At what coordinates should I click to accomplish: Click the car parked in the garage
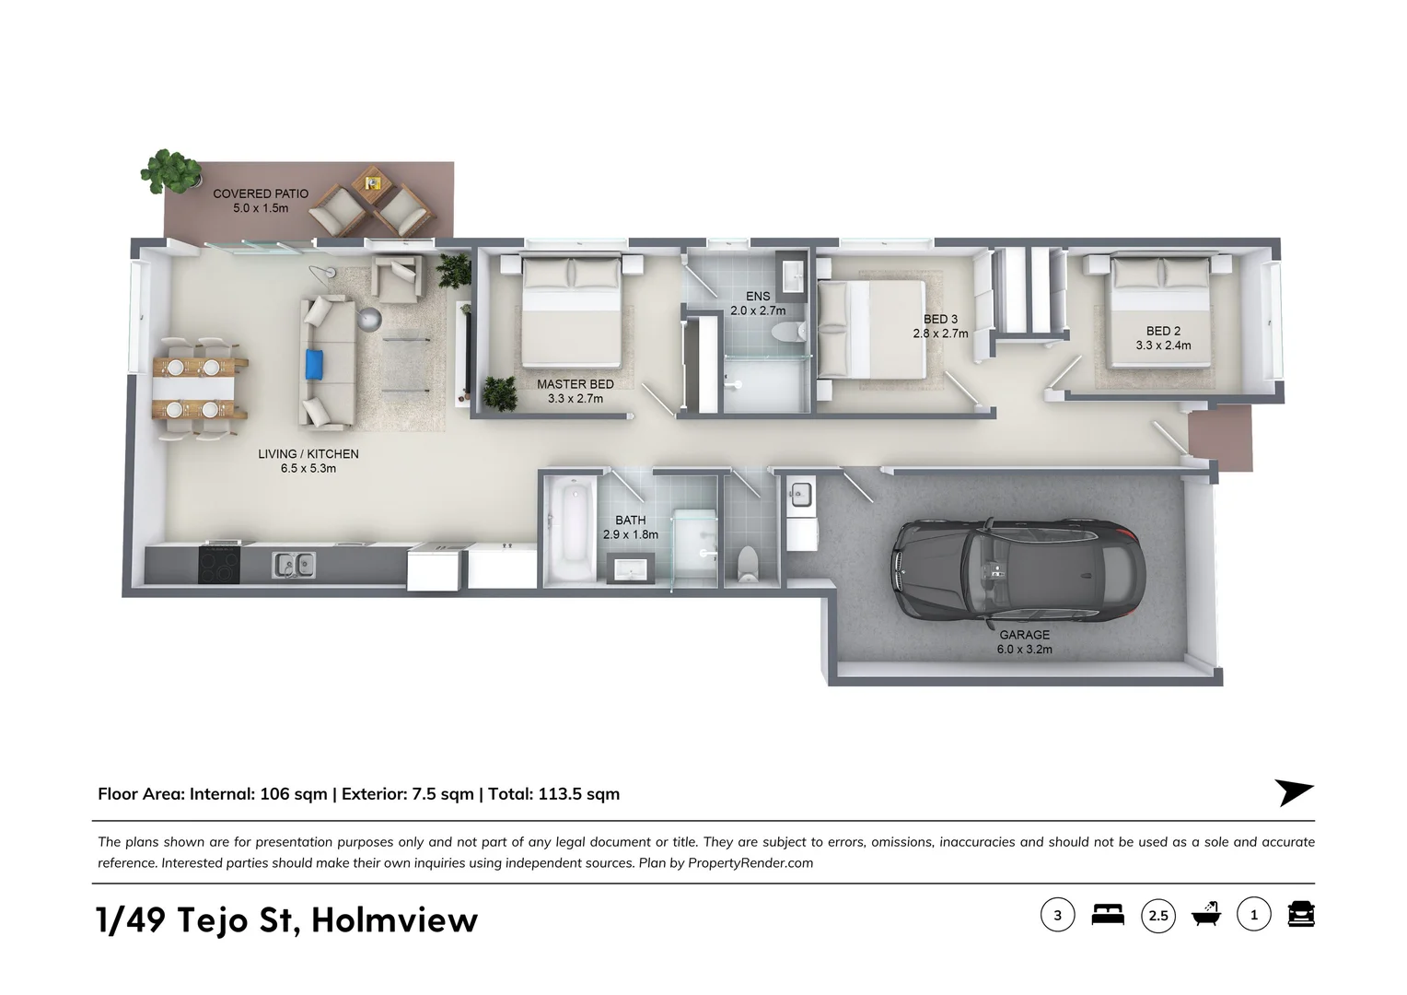(x=1018, y=570)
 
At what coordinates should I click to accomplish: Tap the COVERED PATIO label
(x=261, y=194)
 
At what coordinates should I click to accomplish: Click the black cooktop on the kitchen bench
(x=219, y=564)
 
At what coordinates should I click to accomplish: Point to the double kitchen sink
(x=294, y=564)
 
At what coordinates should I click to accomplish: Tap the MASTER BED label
(x=575, y=384)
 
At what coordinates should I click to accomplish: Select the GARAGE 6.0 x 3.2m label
(x=1024, y=642)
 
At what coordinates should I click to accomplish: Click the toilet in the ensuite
(x=786, y=331)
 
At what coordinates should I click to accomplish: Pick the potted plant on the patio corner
(x=171, y=171)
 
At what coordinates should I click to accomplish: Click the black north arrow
(x=1293, y=792)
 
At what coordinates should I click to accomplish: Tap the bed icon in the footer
(x=1108, y=915)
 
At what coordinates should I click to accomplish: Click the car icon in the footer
(x=1300, y=914)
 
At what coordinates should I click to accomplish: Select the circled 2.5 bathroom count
(x=1158, y=916)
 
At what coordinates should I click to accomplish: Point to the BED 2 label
(x=1163, y=331)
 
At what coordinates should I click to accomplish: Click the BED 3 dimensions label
(x=940, y=334)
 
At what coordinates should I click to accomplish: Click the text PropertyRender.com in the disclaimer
(x=750, y=863)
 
